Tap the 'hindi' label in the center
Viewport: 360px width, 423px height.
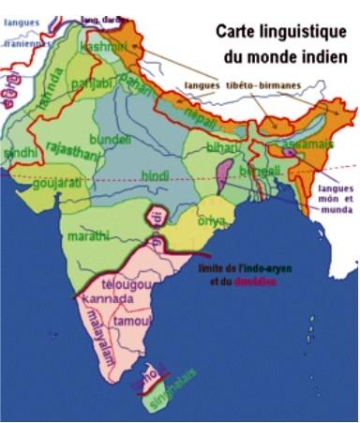[x=154, y=175]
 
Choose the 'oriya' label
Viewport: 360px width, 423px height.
[x=211, y=220]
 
